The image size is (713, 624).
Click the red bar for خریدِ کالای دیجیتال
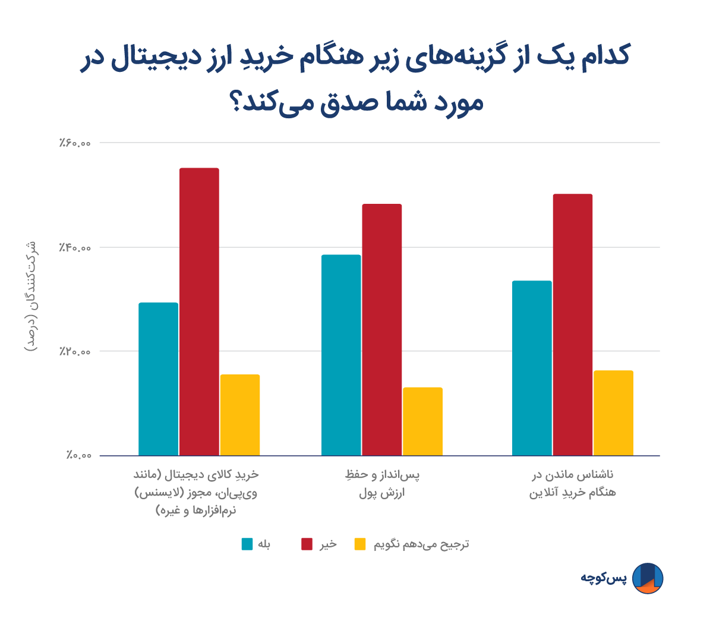click(x=199, y=312)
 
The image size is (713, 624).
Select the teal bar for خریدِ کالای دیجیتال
click(x=158, y=379)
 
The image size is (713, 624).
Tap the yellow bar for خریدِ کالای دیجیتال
click(x=240, y=415)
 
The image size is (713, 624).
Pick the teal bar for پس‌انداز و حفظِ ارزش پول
click(x=341, y=355)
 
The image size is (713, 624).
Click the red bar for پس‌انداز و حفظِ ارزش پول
click(x=382, y=330)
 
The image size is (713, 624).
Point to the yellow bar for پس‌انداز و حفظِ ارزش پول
click(x=422, y=421)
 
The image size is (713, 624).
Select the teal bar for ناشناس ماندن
click(x=532, y=368)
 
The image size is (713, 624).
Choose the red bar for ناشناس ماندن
click(x=573, y=324)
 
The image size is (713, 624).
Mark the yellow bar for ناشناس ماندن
click(x=613, y=413)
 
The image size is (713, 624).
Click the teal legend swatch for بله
click(x=247, y=544)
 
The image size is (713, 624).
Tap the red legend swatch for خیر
click(x=307, y=544)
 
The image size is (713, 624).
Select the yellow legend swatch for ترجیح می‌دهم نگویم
click(x=361, y=544)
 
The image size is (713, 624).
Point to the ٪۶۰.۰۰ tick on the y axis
click(x=75, y=143)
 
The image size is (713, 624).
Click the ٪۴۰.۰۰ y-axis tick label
click(x=75, y=247)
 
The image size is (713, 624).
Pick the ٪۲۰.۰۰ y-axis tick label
click(x=75, y=351)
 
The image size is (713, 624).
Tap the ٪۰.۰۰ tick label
click(x=78, y=456)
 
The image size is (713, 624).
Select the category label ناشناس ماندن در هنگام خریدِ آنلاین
click(x=572, y=484)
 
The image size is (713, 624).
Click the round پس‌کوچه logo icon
click(x=647, y=578)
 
